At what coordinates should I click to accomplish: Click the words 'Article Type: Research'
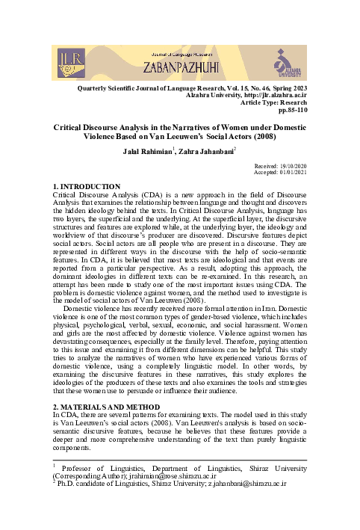click(264, 102)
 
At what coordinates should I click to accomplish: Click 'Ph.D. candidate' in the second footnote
click(87, 484)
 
